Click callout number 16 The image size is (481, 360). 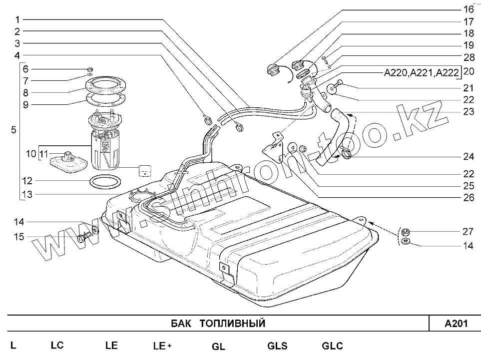tap(468, 9)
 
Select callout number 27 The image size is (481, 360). tap(468, 232)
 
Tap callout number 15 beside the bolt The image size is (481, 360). tap(18, 237)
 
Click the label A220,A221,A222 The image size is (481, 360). tap(421, 72)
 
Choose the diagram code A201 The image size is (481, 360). tap(456, 324)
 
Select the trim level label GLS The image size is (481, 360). tap(277, 346)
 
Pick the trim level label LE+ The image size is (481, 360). tap(162, 346)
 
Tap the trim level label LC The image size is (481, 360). tap(57, 345)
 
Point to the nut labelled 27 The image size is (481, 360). tap(406, 232)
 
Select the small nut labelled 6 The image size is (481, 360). tap(90, 69)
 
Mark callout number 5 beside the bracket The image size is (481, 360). tap(13, 130)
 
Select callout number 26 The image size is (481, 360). tap(468, 197)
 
